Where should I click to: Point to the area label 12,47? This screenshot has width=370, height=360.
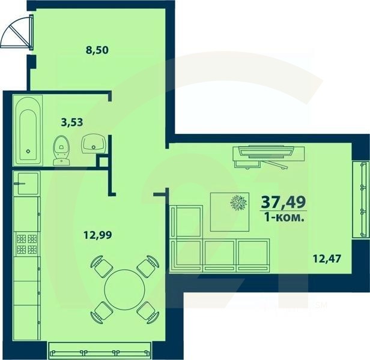pyautogui.click(x=325, y=260)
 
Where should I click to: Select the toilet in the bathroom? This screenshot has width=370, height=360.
pyautogui.click(x=61, y=150)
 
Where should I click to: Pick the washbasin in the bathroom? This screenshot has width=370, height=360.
pyautogui.click(x=93, y=143)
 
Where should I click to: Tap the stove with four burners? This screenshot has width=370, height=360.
pyautogui.click(x=26, y=244)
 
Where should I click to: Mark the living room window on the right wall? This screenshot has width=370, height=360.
pyautogui.click(x=361, y=197)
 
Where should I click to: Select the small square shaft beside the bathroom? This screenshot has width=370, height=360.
pyautogui.click(x=103, y=160)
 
